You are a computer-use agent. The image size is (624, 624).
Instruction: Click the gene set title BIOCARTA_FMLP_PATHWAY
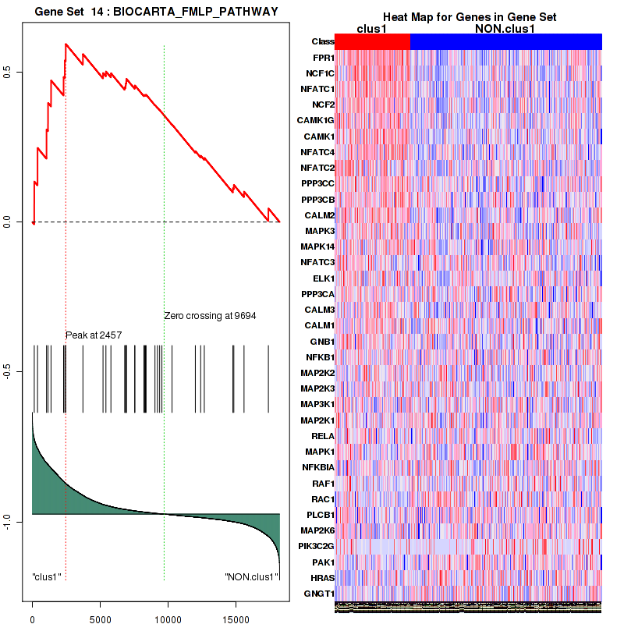[156, 10]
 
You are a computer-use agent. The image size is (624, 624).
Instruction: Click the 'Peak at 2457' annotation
[94, 335]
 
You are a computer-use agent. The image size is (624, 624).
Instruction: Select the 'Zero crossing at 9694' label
[210, 316]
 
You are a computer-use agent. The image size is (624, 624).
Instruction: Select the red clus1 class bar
[372, 41]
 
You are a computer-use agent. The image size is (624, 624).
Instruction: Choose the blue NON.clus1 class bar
[505, 41]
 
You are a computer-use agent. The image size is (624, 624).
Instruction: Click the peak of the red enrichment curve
[66, 44]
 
